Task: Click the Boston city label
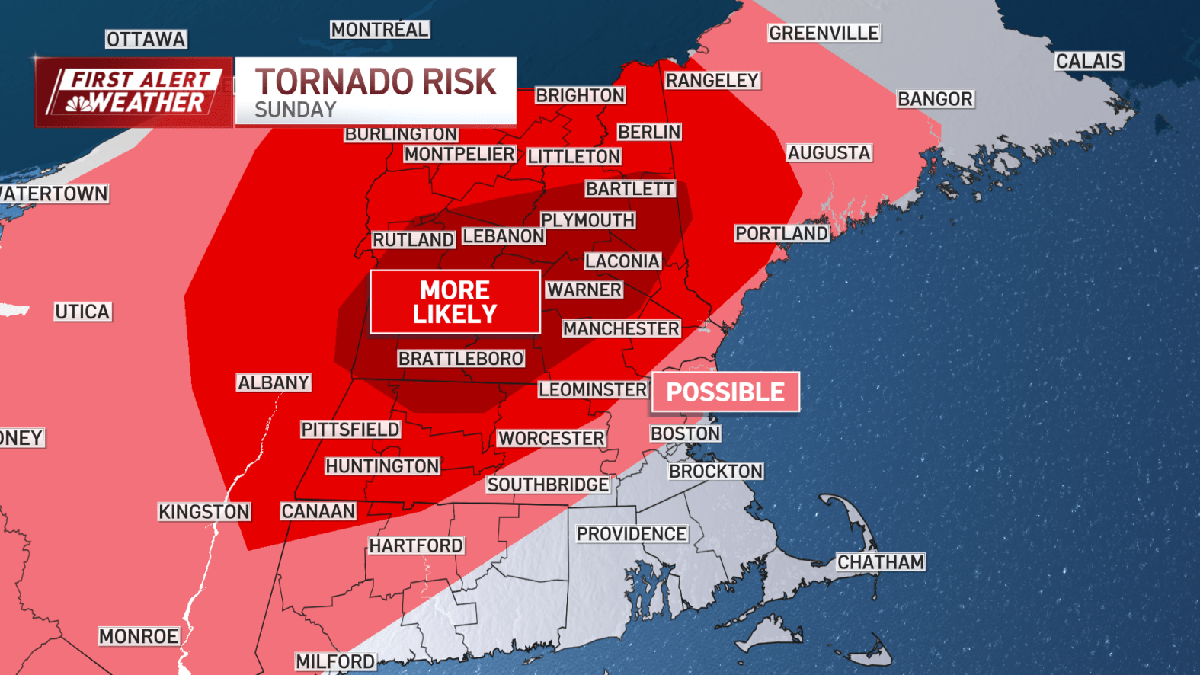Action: point(685,433)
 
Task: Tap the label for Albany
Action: point(274,382)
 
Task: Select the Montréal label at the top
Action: point(379,30)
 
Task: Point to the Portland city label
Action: point(782,233)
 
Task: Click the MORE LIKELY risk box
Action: point(455,302)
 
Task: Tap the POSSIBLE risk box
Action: point(725,392)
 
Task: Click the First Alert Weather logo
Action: point(134,91)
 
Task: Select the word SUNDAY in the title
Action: point(296,110)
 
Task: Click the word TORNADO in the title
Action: point(333,82)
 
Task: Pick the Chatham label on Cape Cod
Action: point(881,562)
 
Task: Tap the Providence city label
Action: point(632,534)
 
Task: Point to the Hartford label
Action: point(416,545)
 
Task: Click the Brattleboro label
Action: point(461,358)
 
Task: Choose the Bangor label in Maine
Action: point(935,99)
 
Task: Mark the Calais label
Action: point(1089,61)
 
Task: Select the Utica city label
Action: point(83,312)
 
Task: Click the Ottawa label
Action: point(146,39)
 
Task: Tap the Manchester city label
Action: point(621,328)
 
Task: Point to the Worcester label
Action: point(551,438)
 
